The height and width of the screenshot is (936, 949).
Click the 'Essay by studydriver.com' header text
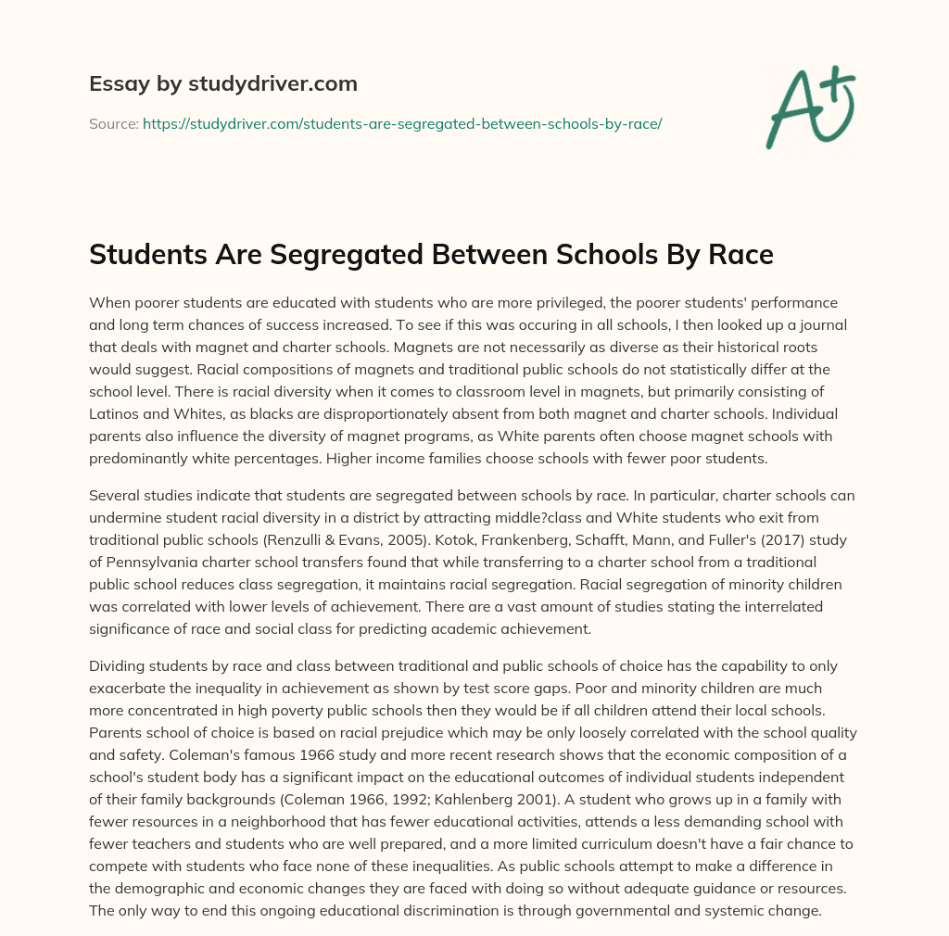click(x=222, y=83)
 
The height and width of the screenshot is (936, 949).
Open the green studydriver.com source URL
click(x=401, y=123)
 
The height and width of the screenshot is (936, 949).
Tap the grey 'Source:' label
click(x=113, y=123)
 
